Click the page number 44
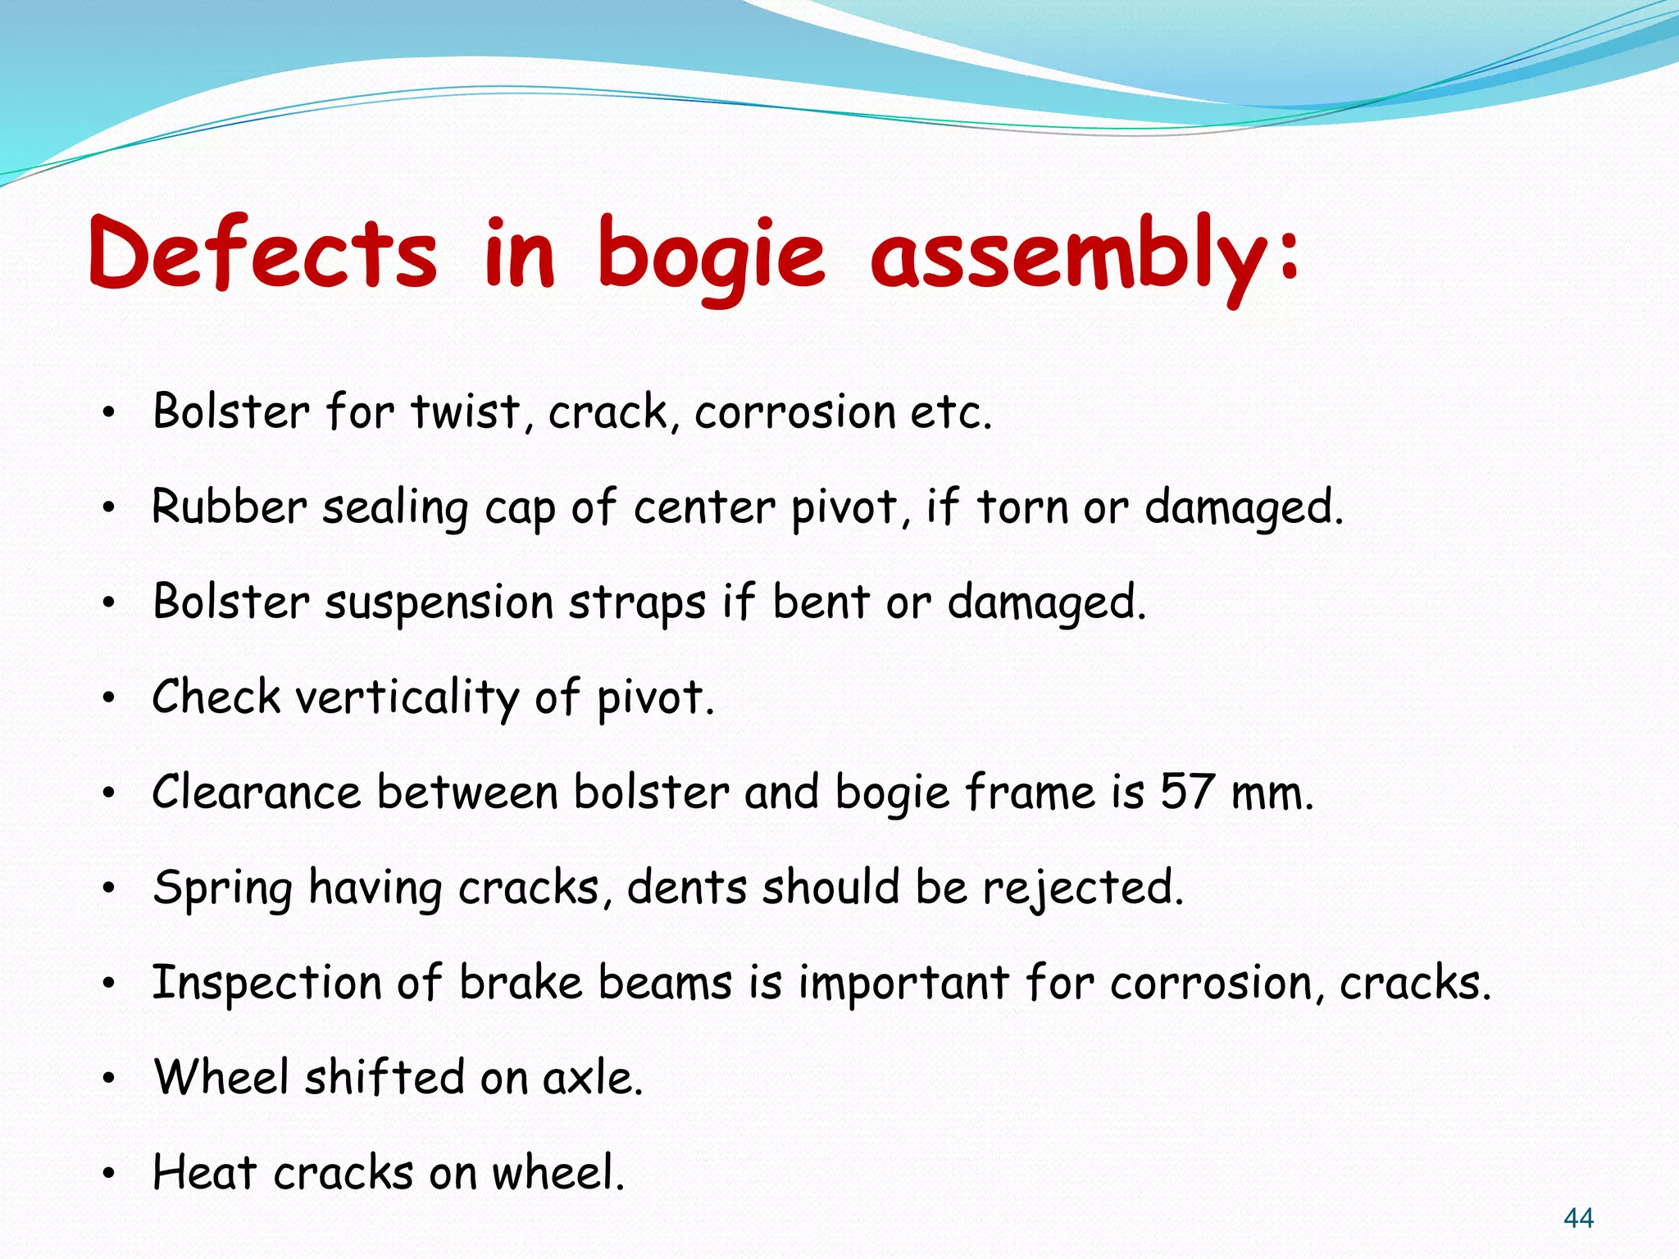[x=1578, y=1219]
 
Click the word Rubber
[x=230, y=507]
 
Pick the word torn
[x=1023, y=507]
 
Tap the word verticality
[x=407, y=698]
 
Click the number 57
[x=1186, y=793]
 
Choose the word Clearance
[x=257, y=793]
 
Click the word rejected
[x=1083, y=889]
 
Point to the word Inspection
[x=267, y=983]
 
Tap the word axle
[x=592, y=1078]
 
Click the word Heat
[x=205, y=1172]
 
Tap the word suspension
[x=439, y=603]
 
